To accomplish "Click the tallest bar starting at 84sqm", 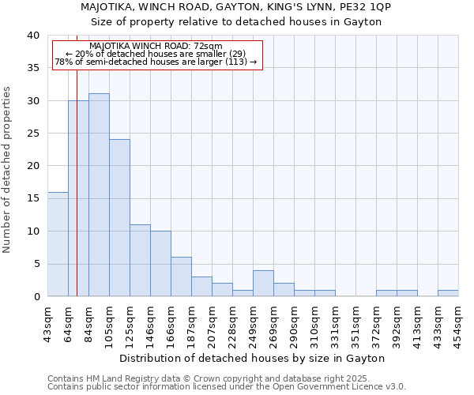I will (x=99, y=195).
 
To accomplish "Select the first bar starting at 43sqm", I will (x=58, y=244).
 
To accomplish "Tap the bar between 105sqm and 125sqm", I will (x=119, y=218).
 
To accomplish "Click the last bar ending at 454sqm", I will (x=448, y=293).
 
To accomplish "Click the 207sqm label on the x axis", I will (x=212, y=320).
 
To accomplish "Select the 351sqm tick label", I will (x=355, y=320).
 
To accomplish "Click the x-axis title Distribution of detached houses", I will (x=252, y=358).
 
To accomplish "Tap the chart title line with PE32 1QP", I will (x=236, y=7).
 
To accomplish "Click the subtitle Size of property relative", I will (x=236, y=21).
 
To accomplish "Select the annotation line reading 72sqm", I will (x=156, y=46).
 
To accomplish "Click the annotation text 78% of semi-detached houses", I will (x=156, y=62).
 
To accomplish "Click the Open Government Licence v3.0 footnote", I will (x=227, y=387).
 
